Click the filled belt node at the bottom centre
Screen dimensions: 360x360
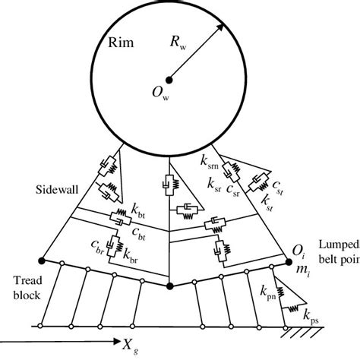170,286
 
